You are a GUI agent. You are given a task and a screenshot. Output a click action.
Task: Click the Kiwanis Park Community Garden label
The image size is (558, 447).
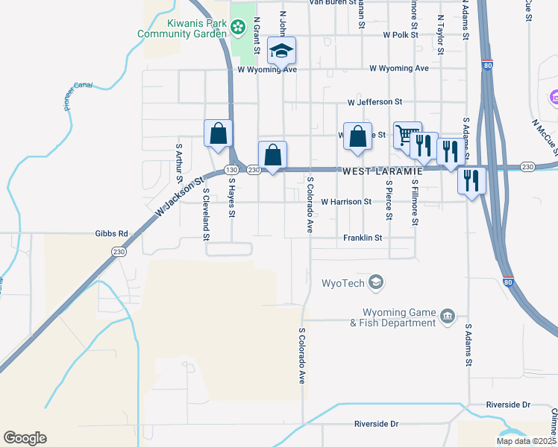click(x=182, y=28)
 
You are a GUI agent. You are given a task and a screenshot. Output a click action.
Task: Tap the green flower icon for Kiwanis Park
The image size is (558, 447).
click(x=237, y=28)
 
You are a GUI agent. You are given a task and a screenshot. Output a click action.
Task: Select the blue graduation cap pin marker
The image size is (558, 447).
click(x=282, y=51)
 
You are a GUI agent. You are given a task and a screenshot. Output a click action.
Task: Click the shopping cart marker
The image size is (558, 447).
click(x=407, y=136)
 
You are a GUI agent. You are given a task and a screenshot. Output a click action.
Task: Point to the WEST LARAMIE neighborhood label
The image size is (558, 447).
click(x=382, y=171)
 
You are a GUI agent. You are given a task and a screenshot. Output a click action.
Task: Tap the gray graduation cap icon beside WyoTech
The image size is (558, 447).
click(x=377, y=282)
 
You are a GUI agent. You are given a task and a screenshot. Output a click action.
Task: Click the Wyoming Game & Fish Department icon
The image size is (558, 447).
click(x=447, y=317)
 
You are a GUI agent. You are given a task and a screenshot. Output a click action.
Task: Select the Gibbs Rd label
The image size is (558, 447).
click(x=112, y=233)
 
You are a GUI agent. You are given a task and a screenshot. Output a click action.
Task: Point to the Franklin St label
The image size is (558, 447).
click(x=363, y=238)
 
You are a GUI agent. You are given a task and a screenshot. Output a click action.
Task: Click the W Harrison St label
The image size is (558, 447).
click(x=346, y=202)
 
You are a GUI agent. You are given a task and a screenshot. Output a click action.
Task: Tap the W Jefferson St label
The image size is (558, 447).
click(x=374, y=102)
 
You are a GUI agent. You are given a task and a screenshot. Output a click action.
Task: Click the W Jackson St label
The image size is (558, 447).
click(x=180, y=198)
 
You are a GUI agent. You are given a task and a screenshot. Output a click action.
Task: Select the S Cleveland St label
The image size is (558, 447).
click(x=206, y=215)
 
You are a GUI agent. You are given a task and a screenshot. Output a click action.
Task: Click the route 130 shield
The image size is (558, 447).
click(x=232, y=171)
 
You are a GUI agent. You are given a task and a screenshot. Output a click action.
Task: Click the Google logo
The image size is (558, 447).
click(x=25, y=438)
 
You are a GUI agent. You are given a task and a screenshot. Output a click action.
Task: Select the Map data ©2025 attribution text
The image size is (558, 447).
click(x=526, y=441)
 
